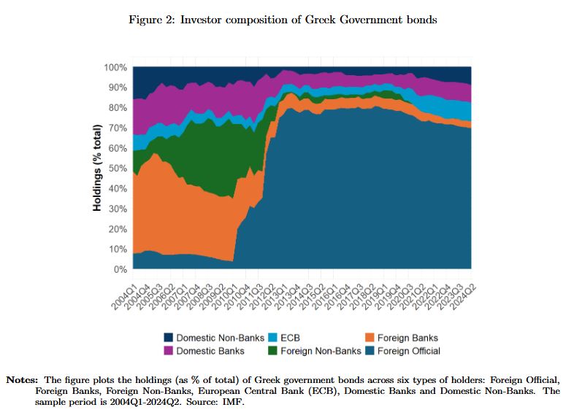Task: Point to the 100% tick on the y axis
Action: [116, 68]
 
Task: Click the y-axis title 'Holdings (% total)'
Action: [96, 169]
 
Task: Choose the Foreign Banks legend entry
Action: [407, 338]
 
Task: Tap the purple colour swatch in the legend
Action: [169, 351]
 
